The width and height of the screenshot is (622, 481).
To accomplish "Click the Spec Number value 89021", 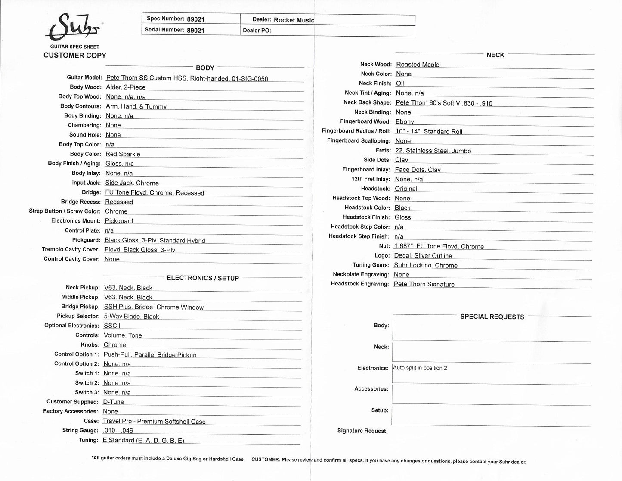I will [196, 19].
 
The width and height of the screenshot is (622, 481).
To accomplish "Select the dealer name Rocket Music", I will [294, 20].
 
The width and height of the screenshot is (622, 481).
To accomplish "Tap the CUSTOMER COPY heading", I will [75, 55].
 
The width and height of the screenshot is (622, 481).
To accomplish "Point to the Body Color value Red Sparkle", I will [123, 154].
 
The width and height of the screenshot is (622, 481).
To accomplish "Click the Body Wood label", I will [86, 87].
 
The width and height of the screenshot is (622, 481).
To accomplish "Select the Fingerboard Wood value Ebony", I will [404, 122].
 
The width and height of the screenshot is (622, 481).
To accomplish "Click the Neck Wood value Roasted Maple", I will [418, 65].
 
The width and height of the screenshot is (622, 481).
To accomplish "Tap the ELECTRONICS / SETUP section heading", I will [203, 278].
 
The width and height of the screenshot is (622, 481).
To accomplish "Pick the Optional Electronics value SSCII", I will [112, 326].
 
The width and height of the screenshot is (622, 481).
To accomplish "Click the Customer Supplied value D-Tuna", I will [113, 402].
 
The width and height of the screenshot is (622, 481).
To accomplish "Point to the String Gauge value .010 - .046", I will [118, 431].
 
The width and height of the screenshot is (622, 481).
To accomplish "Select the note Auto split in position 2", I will [420, 368].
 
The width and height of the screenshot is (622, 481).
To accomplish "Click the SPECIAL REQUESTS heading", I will [492, 317].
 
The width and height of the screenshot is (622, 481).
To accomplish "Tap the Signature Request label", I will [362, 431].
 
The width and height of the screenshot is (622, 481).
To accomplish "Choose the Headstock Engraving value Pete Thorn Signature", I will [424, 284].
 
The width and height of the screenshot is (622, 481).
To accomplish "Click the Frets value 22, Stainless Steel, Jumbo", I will [433, 151].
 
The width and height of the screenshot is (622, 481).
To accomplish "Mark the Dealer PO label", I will [257, 31].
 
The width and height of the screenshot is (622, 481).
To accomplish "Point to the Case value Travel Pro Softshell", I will [154, 421].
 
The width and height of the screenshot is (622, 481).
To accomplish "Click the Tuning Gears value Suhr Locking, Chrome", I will [425, 265].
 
